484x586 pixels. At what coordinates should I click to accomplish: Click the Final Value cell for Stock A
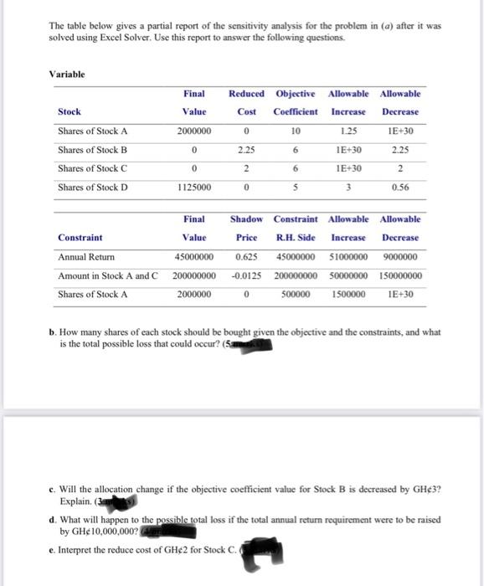[194, 131]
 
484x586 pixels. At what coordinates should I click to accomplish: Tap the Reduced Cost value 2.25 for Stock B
[246, 151]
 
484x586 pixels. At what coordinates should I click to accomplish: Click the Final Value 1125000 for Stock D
[194, 188]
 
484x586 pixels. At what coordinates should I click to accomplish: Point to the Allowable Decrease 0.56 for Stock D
[400, 188]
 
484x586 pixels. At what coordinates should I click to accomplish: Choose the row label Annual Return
[87, 256]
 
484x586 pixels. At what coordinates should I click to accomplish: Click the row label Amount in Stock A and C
[108, 275]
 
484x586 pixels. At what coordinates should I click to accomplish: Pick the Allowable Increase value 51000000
[348, 256]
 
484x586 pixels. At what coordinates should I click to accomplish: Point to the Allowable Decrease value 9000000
[400, 256]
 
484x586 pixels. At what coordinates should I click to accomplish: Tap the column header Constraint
[80, 237]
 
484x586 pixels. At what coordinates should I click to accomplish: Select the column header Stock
[70, 111]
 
